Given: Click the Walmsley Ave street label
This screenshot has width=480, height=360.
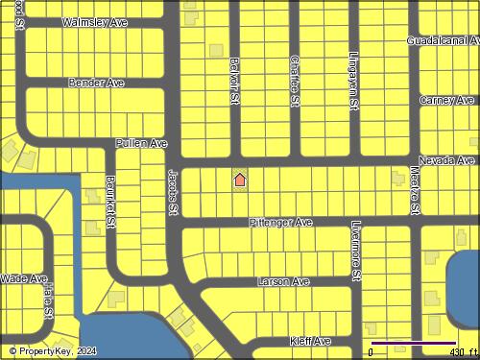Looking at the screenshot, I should coord(94,21).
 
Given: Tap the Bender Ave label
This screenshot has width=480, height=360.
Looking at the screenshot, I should coord(96,84).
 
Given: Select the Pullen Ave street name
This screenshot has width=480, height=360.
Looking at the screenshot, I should coord(141,143).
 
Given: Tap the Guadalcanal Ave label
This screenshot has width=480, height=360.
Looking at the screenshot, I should coord(443,41).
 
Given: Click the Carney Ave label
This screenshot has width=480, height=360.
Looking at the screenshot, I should coord(446,100).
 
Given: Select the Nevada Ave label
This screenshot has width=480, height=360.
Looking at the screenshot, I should coord(446,160).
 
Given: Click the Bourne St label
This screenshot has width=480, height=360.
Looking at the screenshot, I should coord(111,202).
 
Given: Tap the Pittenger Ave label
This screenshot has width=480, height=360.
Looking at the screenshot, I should coord(280,222).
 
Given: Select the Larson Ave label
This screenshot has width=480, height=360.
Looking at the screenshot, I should coord(283,282).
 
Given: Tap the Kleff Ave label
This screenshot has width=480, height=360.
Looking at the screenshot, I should coord(310,341).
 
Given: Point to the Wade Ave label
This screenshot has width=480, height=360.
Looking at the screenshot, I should coord(24,278).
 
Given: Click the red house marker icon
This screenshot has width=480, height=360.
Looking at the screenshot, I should coord(240,180).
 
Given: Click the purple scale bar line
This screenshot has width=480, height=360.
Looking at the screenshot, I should coord(413,343).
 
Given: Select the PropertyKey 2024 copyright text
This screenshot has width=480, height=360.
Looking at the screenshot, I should coord(53,350).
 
